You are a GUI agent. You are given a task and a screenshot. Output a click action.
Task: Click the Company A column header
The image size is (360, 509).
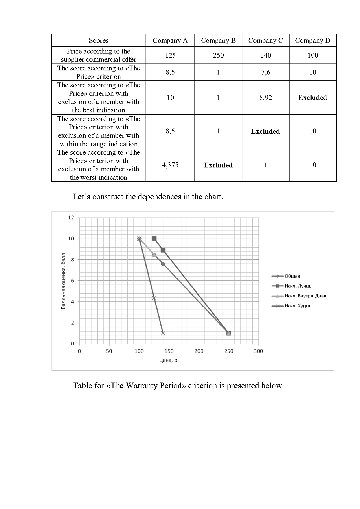[170, 40]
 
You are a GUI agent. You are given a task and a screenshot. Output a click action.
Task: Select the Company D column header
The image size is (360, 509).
[313, 40]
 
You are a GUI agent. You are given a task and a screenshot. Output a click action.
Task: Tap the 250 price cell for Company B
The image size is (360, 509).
[218, 55]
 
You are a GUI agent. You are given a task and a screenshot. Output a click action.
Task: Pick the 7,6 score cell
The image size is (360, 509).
[265, 72]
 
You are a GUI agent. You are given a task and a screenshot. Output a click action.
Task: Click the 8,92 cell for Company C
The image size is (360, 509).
[265, 98]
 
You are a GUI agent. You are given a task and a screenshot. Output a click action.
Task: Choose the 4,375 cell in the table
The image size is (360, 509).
[170, 165]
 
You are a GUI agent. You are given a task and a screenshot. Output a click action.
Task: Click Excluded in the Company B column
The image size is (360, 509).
[218, 165]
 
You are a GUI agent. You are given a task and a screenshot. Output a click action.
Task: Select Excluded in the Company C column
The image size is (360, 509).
[265, 131]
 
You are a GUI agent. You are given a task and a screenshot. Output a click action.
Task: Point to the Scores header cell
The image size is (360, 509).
[99, 40]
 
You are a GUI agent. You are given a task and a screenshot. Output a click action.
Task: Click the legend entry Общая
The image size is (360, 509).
[292, 276]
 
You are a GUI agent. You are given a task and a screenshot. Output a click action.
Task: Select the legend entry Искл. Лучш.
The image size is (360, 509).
[297, 286]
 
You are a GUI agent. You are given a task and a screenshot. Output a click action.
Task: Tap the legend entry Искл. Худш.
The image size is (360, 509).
[297, 306]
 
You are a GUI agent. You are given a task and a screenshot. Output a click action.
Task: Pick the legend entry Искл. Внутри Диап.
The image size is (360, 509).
[306, 296]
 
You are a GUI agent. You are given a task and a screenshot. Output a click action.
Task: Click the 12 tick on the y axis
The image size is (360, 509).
[71, 218]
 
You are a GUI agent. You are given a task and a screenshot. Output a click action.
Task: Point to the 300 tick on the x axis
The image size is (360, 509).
[258, 351]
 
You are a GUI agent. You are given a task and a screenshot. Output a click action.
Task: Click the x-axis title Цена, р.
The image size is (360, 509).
[169, 360]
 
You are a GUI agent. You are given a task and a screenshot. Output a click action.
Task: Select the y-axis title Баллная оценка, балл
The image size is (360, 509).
[63, 281]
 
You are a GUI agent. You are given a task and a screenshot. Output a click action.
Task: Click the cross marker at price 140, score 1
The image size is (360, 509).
[163, 333]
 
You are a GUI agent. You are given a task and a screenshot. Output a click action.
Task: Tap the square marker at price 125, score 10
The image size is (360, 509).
[154, 239]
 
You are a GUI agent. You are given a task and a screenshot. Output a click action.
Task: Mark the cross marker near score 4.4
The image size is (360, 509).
[154, 298]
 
